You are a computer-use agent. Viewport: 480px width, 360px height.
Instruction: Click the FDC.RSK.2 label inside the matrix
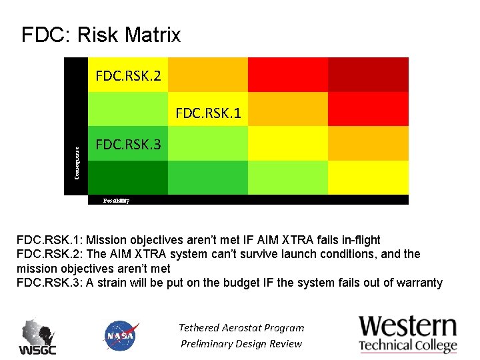click(x=128, y=76)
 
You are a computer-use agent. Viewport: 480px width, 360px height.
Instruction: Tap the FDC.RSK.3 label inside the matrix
click(x=128, y=144)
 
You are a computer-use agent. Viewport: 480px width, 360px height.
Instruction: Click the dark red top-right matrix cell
click(x=368, y=75)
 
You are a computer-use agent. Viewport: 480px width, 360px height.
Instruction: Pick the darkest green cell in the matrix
click(x=127, y=177)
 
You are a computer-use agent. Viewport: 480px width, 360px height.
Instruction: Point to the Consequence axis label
click(x=77, y=163)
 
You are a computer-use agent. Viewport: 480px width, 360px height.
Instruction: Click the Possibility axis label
click(x=116, y=200)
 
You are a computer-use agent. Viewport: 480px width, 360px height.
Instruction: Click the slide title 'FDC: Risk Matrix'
click(x=101, y=35)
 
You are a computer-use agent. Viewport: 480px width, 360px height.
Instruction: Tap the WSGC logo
click(x=37, y=337)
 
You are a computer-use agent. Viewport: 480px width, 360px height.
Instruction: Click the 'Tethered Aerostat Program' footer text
click(x=241, y=327)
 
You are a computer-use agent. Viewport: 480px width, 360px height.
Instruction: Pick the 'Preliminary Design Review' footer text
click(x=241, y=344)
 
